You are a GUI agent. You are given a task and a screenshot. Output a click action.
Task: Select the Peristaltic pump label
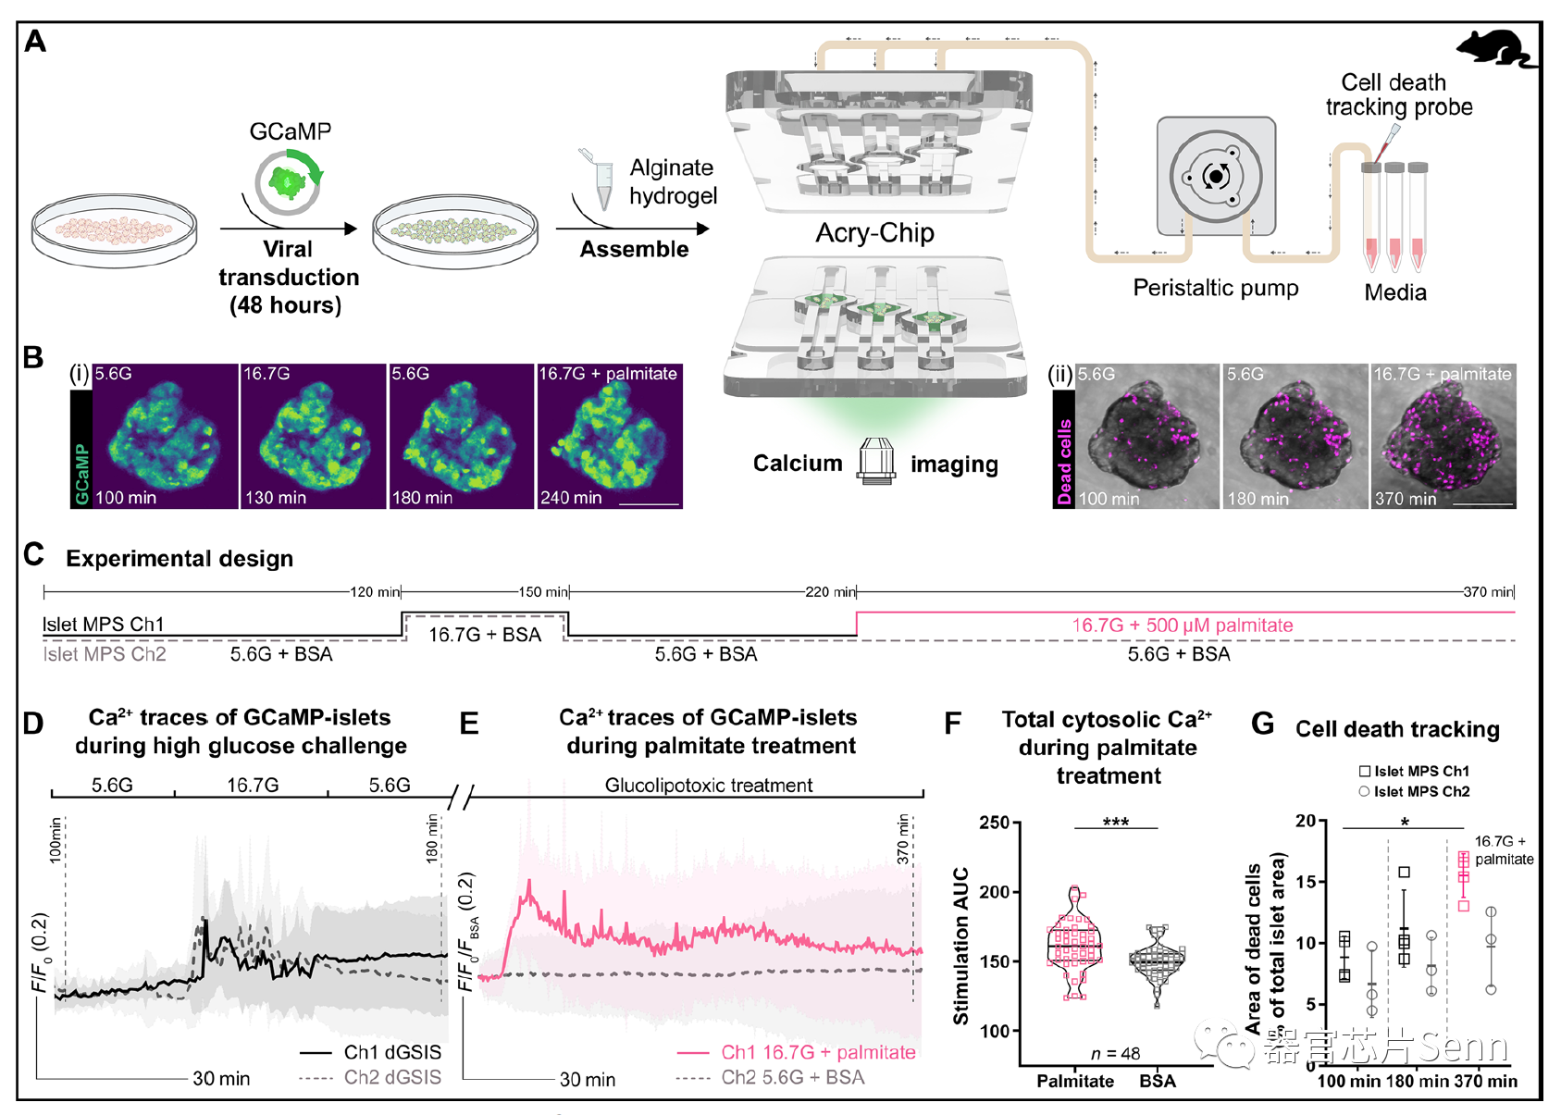(x=1215, y=288)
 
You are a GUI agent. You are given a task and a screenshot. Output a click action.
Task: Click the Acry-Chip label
(x=874, y=233)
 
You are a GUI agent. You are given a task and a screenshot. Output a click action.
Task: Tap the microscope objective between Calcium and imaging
(x=875, y=462)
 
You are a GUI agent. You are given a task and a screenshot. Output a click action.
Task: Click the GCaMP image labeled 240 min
(x=610, y=437)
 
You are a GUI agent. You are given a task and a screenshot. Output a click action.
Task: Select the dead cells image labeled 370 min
(x=1443, y=437)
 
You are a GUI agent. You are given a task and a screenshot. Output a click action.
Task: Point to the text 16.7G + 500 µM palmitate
(x=1182, y=626)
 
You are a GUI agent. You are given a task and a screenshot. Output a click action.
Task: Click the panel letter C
(x=34, y=554)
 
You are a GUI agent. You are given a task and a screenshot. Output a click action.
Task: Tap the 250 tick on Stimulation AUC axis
(x=995, y=823)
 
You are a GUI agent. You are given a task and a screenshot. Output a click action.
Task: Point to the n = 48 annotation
(x=1115, y=1054)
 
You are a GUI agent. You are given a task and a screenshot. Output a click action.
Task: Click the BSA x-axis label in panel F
(x=1157, y=1082)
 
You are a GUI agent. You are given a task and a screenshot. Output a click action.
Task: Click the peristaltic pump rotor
(x=1216, y=176)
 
